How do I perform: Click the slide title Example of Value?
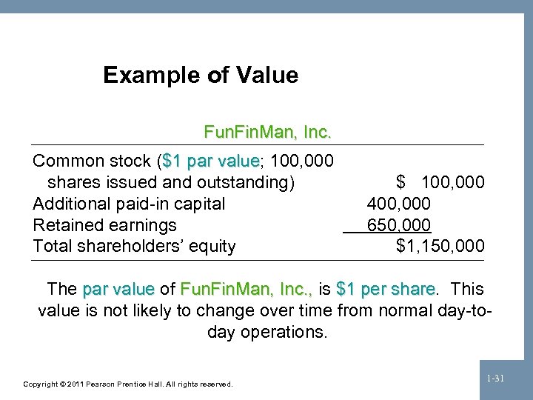201,75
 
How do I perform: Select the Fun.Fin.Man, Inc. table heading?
267,133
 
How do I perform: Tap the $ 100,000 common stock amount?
440,182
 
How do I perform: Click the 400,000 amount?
399,204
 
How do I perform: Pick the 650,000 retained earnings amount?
399,225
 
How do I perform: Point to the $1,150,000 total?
440,246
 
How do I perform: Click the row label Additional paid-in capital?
130,204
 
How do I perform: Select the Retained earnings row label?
105,225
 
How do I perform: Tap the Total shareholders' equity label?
134,246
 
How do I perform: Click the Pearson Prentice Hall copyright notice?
128,384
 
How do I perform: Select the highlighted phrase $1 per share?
386,288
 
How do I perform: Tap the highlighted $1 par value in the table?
210,161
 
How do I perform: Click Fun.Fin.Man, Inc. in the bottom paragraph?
247,288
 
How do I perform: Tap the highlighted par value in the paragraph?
118,288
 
